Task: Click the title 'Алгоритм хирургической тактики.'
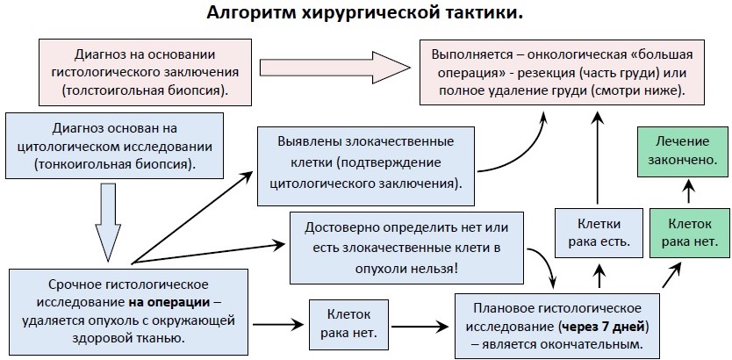(365, 14)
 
